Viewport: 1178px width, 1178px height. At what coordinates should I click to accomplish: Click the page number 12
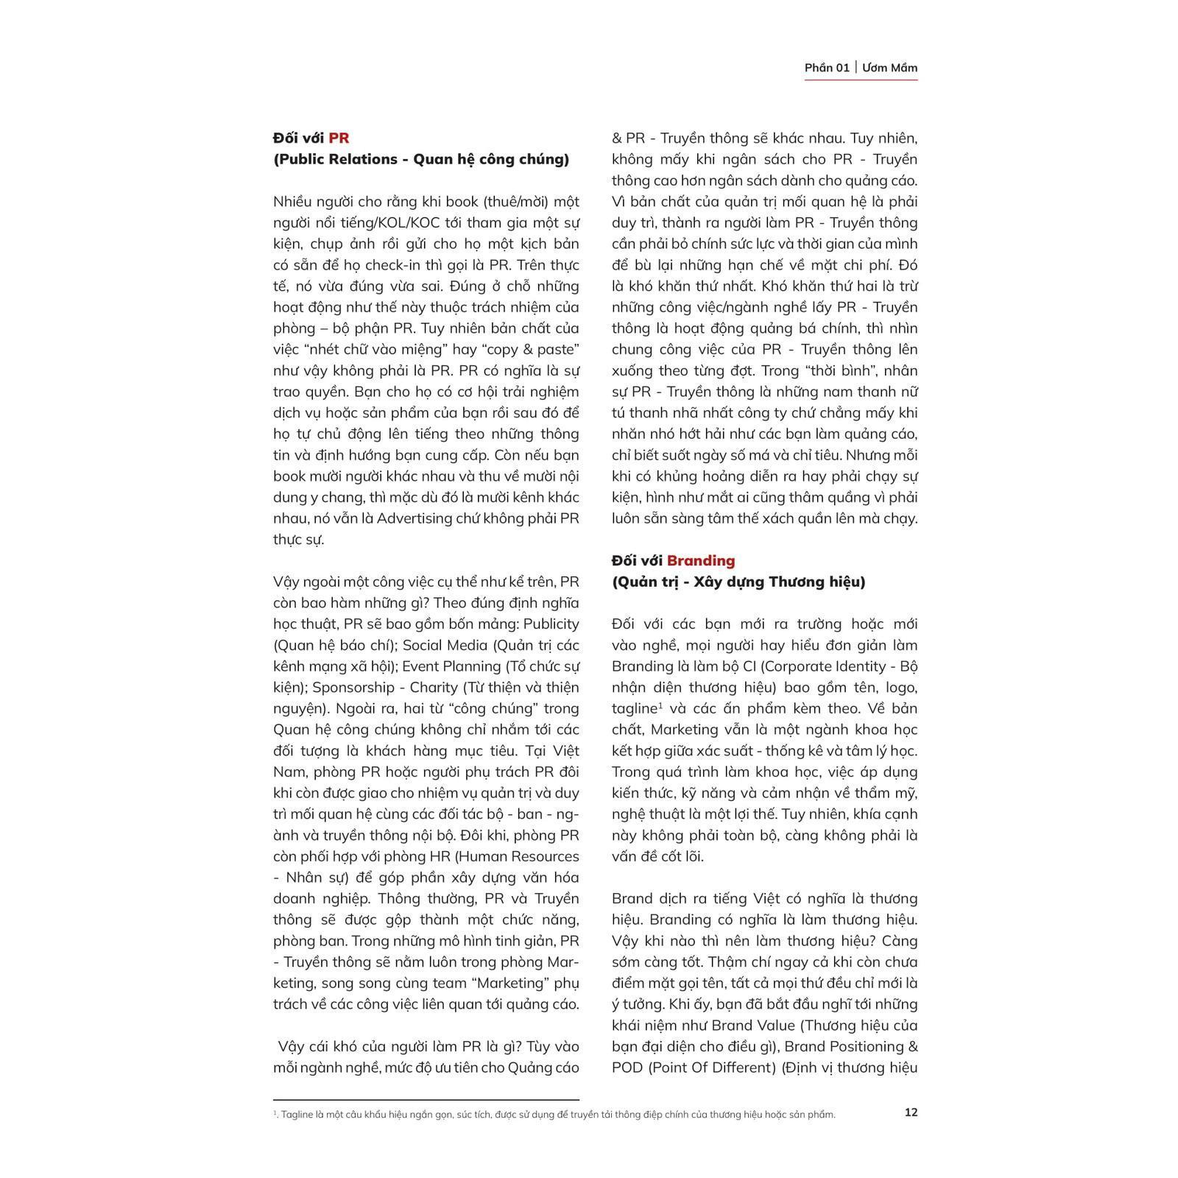[x=911, y=1112]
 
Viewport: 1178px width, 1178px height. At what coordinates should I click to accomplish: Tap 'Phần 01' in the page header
[x=827, y=68]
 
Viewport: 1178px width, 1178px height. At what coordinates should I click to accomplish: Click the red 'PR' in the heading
[x=339, y=138]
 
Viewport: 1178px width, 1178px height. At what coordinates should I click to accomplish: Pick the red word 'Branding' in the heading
[x=701, y=560]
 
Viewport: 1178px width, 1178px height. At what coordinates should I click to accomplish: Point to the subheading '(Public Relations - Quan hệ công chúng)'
[x=421, y=159]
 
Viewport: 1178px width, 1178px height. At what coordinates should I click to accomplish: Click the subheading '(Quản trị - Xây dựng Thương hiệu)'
[x=738, y=582]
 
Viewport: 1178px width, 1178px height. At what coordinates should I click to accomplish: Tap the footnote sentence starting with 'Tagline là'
[x=557, y=1115]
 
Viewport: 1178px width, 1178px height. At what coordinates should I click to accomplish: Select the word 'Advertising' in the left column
[x=415, y=518]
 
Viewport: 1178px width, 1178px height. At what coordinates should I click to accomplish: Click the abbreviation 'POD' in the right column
[x=627, y=1068]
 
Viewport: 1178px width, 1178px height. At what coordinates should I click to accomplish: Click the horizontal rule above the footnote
[x=426, y=1099]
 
